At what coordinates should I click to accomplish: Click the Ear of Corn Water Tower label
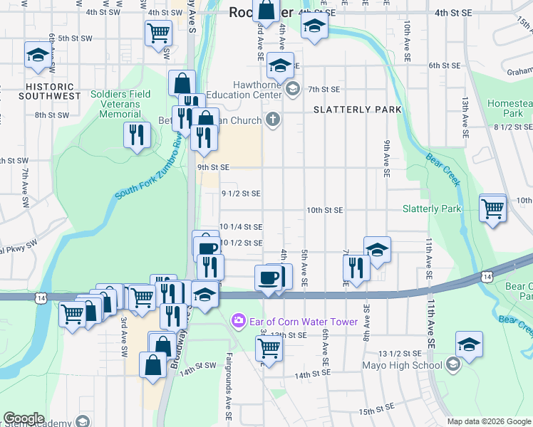pos(303,322)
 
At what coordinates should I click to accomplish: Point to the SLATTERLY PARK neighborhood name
pos(357,110)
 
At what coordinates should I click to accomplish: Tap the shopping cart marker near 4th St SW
pos(158,32)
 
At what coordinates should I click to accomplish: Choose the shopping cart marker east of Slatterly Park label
pos(492,209)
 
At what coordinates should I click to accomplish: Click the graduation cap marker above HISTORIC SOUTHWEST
pos(37,56)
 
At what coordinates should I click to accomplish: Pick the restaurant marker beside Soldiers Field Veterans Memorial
pos(135,135)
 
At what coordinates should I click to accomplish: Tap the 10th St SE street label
pos(325,210)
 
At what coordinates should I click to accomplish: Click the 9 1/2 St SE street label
pos(241,193)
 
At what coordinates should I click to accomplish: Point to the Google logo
pos(24,418)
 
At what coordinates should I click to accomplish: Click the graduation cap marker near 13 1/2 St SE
pos(469,344)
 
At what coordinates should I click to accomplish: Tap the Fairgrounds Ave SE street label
pos(229,377)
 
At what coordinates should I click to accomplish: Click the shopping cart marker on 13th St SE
pos(269,349)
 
